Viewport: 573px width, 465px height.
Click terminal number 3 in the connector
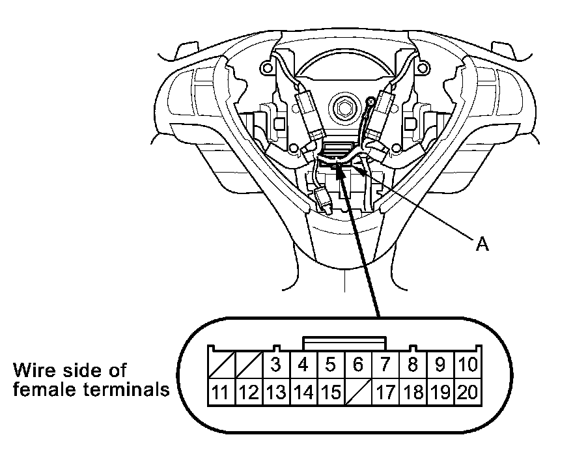[x=275, y=365]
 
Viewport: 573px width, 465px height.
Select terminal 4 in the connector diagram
[x=303, y=365]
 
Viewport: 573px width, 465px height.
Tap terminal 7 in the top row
[x=385, y=365]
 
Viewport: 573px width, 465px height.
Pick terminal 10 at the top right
[x=466, y=365]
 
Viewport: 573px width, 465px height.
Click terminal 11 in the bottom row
[x=220, y=392]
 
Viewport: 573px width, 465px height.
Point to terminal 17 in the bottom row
[x=385, y=392]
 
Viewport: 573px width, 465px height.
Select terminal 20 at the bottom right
[x=466, y=392]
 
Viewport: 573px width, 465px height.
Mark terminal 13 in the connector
[x=275, y=392]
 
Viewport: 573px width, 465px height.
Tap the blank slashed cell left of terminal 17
[x=357, y=392]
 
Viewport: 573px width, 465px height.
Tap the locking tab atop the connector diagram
[x=344, y=343]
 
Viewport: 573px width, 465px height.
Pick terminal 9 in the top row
[x=440, y=365]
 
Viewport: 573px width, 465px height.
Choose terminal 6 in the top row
[x=357, y=365]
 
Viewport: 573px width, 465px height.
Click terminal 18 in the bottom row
[x=413, y=392]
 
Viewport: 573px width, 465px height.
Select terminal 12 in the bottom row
[x=247, y=392]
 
